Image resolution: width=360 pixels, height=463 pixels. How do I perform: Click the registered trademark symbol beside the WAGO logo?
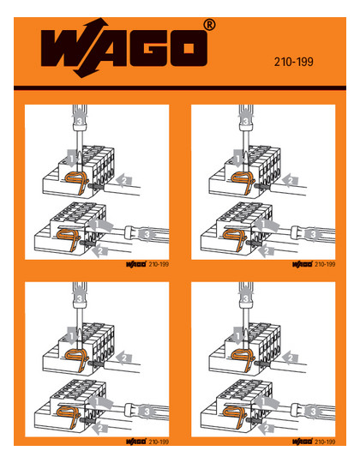click(x=209, y=25)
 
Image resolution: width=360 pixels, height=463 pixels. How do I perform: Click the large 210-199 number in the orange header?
click(x=294, y=62)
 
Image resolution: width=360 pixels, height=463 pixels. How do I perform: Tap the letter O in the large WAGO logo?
click(x=189, y=48)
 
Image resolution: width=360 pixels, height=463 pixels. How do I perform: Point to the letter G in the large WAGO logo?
click(x=150, y=48)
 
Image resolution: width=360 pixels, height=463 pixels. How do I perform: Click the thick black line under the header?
click(x=180, y=87)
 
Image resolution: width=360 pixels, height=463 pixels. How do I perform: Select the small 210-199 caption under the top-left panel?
click(x=159, y=264)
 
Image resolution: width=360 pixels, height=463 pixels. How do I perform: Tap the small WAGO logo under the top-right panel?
click(x=303, y=264)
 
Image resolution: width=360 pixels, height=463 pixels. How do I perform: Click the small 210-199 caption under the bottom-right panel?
click(x=325, y=442)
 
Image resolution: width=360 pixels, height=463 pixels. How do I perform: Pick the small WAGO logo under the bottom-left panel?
click(x=136, y=442)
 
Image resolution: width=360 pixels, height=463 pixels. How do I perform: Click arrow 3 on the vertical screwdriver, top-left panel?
click(x=80, y=121)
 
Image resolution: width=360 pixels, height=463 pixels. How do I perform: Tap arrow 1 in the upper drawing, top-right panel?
click(x=237, y=159)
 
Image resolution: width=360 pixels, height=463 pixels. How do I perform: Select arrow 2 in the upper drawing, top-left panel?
click(x=124, y=180)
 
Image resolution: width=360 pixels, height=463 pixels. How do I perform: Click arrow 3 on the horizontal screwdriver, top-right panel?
click(x=313, y=234)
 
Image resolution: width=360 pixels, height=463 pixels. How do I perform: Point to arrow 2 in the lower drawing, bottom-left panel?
click(x=100, y=428)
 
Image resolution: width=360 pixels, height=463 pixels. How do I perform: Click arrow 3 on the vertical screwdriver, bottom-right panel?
click(x=246, y=298)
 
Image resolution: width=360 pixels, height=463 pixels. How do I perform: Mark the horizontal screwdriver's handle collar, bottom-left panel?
click(x=128, y=410)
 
